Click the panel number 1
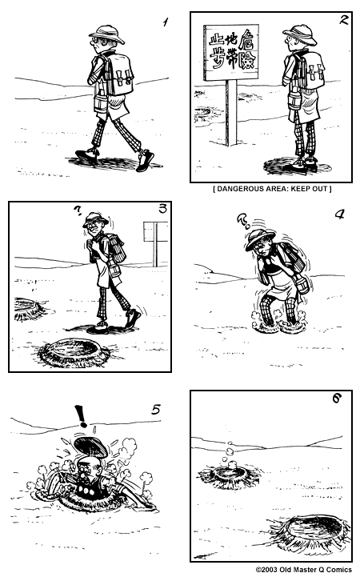[166, 22]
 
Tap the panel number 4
[338, 214]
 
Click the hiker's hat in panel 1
[106, 33]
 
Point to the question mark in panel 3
[77, 212]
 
